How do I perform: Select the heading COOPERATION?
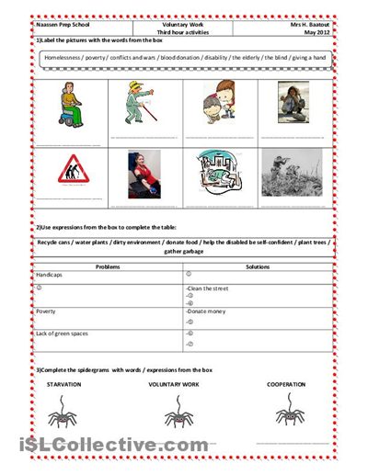pyautogui.click(x=288, y=383)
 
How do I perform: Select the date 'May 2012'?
pyautogui.click(x=320, y=31)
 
